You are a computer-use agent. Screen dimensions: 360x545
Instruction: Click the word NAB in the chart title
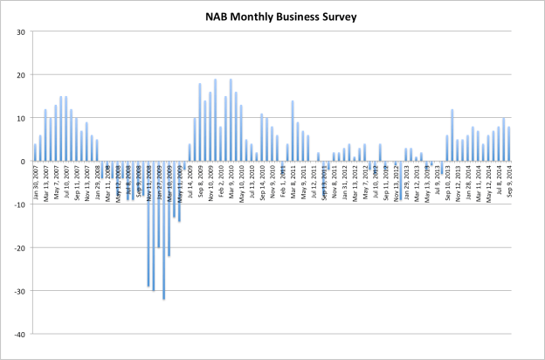click(x=218, y=16)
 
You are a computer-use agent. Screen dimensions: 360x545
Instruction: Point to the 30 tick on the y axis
click(x=20, y=32)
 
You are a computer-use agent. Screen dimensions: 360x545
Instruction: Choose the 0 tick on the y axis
click(x=23, y=162)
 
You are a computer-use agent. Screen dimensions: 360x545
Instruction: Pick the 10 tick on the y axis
click(x=20, y=119)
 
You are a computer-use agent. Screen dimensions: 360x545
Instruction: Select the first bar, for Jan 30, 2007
click(x=35, y=153)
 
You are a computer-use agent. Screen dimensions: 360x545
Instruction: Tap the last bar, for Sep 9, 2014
click(x=508, y=144)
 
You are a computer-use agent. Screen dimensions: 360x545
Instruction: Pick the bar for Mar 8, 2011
click(x=293, y=131)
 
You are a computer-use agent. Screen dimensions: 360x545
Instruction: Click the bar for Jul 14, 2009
click(x=190, y=153)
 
